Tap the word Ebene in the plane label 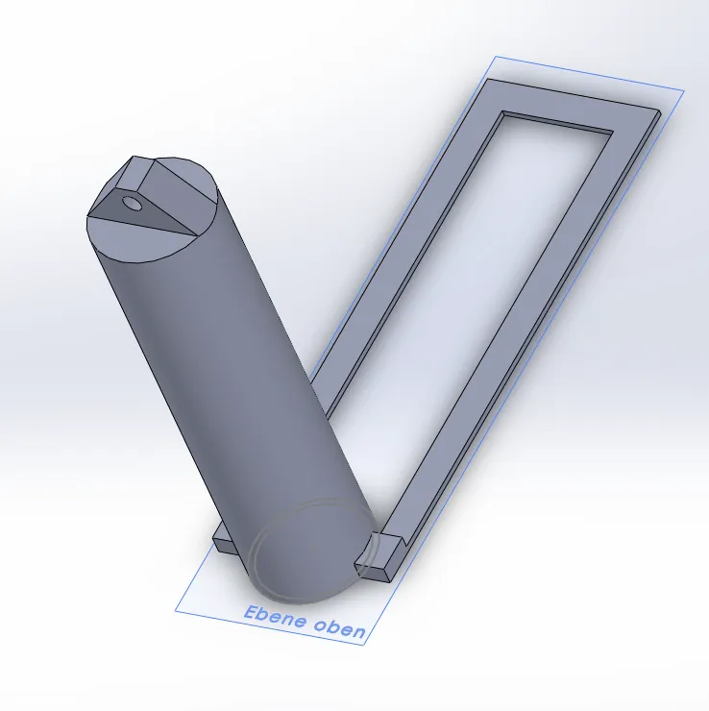pos(272,616)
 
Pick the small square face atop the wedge pos(136,173)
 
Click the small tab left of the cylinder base pos(223,540)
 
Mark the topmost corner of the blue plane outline pos(496,56)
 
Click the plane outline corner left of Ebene pos(176,610)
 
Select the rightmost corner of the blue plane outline pos(684,90)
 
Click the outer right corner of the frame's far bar pos(661,113)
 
